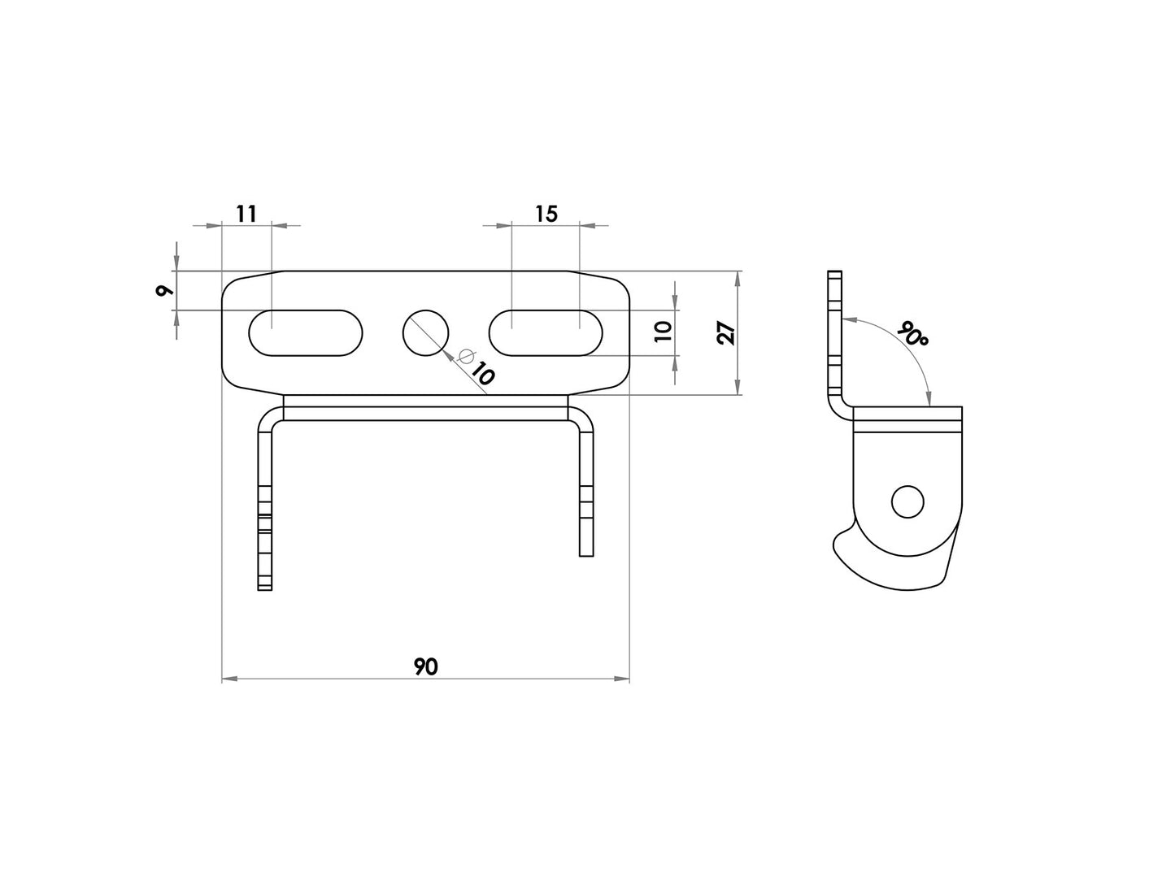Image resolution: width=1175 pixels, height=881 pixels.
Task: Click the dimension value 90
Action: point(425,666)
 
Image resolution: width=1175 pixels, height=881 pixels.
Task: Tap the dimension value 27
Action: point(726,333)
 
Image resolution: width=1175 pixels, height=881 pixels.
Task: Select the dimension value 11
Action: point(246,214)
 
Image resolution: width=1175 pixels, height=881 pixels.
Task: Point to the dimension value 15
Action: point(546,214)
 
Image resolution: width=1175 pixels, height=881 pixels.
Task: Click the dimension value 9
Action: point(163,290)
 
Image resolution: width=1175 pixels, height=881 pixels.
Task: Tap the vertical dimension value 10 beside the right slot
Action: point(663,332)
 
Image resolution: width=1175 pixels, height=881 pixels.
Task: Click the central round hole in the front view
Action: point(426,332)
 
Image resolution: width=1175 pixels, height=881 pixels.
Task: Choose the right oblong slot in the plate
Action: point(545,332)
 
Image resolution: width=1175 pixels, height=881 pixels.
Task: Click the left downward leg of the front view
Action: point(264,512)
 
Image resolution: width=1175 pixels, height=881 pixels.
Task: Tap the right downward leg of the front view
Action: point(586,496)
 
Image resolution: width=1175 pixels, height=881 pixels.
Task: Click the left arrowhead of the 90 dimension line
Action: point(228,677)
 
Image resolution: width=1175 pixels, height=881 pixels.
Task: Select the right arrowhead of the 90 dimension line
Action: point(624,677)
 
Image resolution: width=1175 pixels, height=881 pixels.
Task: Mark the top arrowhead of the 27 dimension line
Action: point(737,277)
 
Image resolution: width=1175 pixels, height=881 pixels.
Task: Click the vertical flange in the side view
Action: point(833,333)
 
